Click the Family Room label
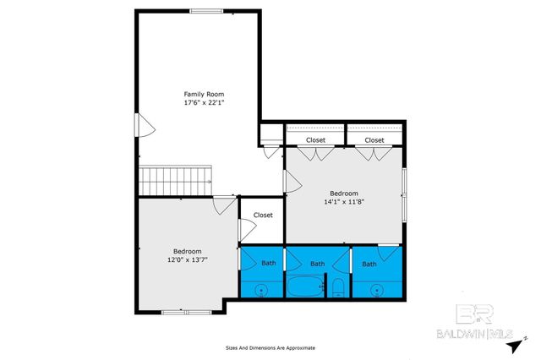pyautogui.click(x=205, y=93)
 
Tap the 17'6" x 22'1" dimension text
pyautogui.click(x=205, y=102)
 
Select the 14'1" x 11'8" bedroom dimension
pyautogui.click(x=344, y=202)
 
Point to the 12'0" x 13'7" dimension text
pyautogui.click(x=187, y=260)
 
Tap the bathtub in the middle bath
pyautogui.click(x=304, y=288)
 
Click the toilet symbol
pyautogui.click(x=336, y=288)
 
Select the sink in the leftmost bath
pyautogui.click(x=261, y=290)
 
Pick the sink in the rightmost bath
pyautogui.click(x=377, y=290)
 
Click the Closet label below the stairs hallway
pyautogui.click(x=263, y=215)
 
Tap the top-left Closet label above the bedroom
pyautogui.click(x=315, y=139)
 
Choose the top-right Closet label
pyautogui.click(x=374, y=139)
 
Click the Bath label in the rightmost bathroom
pyautogui.click(x=369, y=264)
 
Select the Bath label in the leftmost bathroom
pyautogui.click(x=268, y=264)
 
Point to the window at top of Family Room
pyautogui.click(x=206, y=11)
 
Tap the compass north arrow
pyautogui.click(x=524, y=336)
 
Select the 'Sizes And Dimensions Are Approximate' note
pyautogui.click(x=270, y=347)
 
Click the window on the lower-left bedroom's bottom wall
pyautogui.click(x=174, y=313)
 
